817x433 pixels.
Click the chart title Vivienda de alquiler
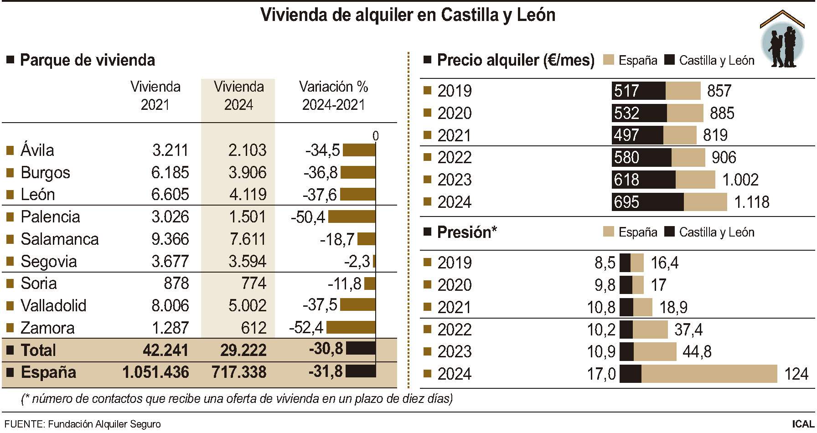408,15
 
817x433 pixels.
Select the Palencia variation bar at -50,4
352,217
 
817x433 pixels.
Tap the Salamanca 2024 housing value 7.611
247,239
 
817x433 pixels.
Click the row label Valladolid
53,305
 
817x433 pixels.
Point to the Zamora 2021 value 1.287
170,328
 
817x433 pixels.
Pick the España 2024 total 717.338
239,372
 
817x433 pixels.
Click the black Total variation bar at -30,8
361,349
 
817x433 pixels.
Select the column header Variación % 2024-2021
334,96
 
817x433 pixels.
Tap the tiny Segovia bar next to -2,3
374,261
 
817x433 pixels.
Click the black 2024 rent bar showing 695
647,202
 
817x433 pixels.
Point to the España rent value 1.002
740,180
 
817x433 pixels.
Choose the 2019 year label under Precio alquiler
454,91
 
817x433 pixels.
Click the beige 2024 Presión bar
709,374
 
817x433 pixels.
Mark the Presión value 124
796,374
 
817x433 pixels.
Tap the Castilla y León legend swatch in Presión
669,232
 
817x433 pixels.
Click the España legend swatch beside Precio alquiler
608,60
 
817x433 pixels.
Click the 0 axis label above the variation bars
375,136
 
